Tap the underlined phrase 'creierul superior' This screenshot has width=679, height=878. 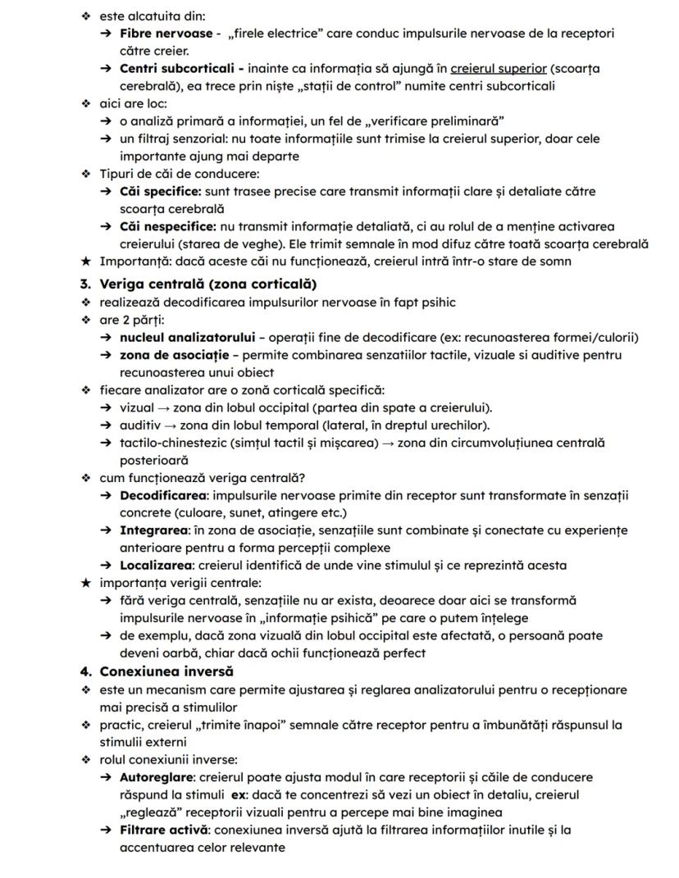(x=498, y=68)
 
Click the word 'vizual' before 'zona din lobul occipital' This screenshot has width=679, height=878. (x=138, y=407)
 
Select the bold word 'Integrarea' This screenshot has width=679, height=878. (x=154, y=530)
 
